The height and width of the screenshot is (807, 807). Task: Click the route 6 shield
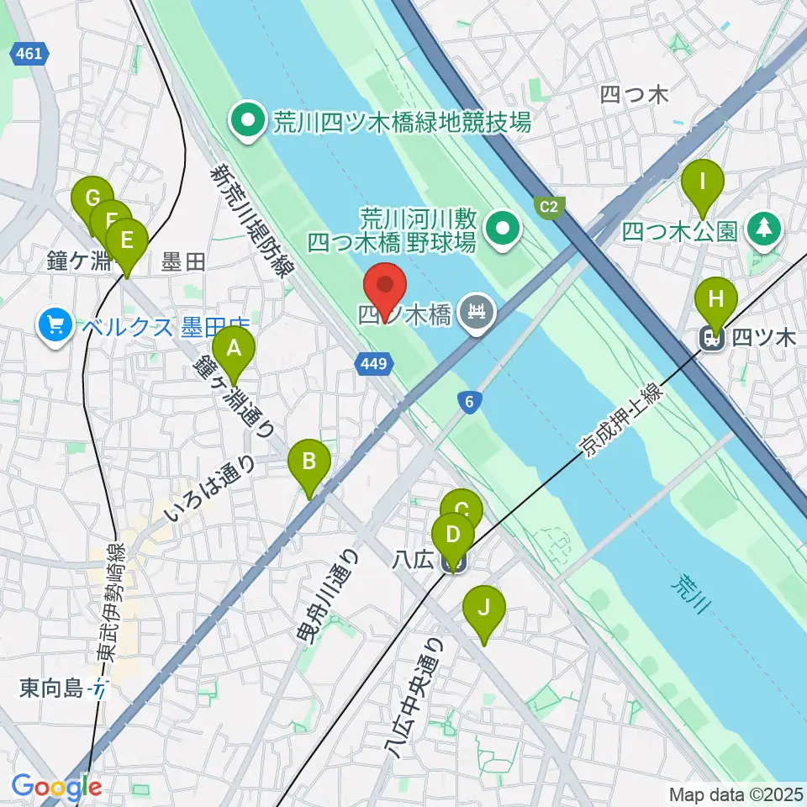click(472, 403)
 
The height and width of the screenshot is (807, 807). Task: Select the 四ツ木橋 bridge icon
click(477, 315)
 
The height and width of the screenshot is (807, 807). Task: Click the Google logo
click(56, 787)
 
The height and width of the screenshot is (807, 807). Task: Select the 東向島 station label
click(52, 689)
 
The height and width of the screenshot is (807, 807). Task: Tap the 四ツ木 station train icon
click(713, 339)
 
